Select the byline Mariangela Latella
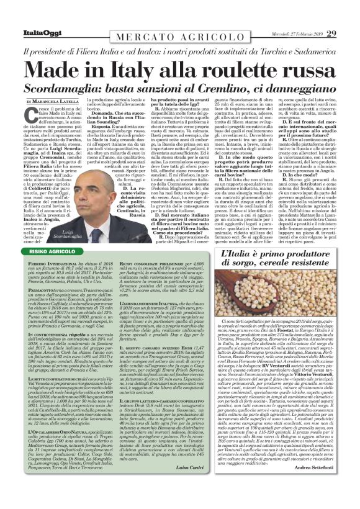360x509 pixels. [x=55, y=101]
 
